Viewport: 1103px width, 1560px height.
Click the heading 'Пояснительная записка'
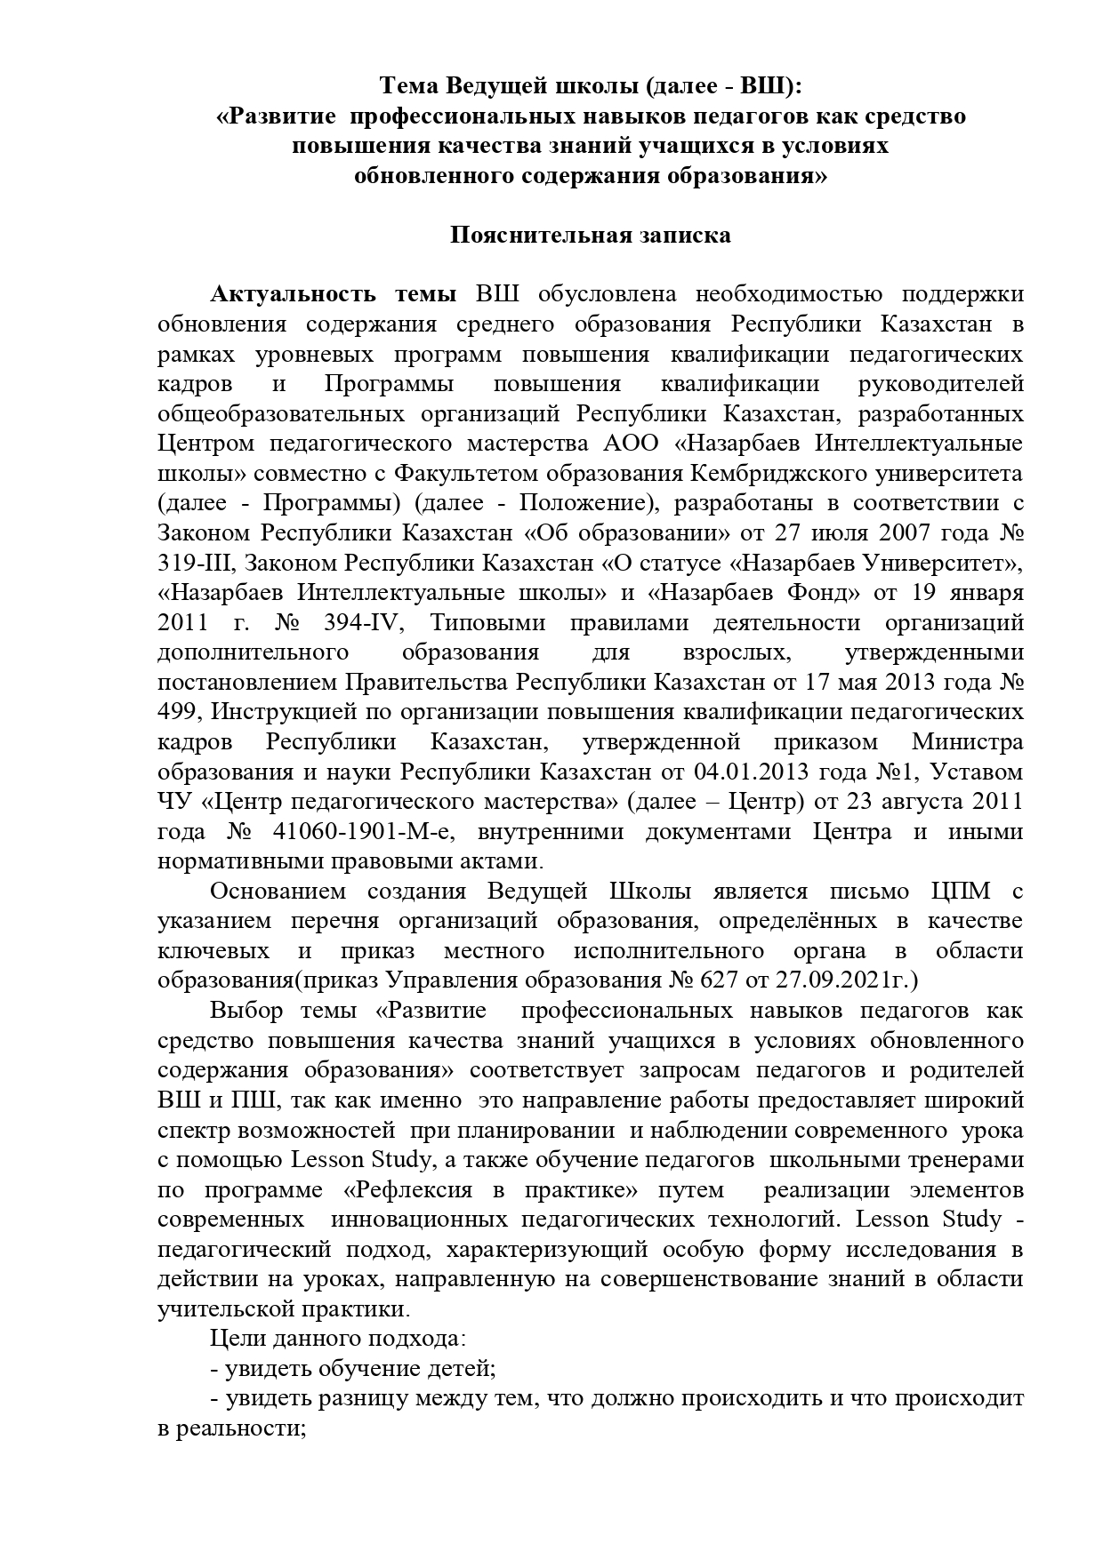click(590, 235)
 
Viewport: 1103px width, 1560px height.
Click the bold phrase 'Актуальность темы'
click(334, 294)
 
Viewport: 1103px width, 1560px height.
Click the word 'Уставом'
click(981, 772)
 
